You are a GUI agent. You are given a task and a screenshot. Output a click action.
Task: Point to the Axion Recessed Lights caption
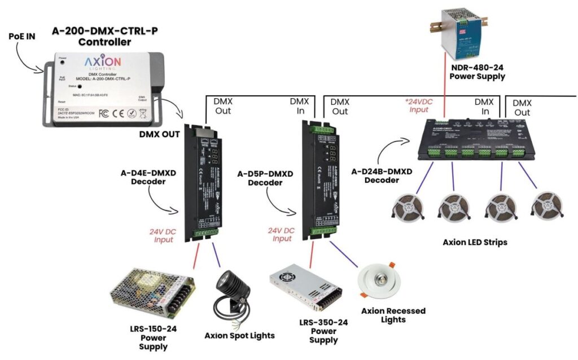click(393, 315)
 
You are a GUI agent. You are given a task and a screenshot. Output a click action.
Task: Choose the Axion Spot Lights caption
click(240, 335)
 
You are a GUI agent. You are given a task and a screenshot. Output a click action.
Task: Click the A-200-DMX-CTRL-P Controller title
click(104, 36)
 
